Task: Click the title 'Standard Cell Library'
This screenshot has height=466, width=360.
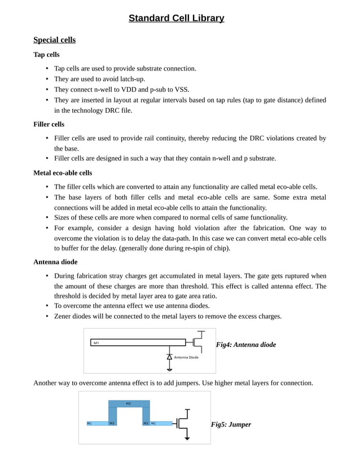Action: pyautogui.click(x=176, y=19)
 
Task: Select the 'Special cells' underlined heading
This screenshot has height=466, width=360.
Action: pyautogui.click(x=54, y=40)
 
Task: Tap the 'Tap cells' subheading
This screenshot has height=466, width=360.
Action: pyautogui.click(x=46, y=55)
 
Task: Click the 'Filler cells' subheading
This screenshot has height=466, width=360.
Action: pyautogui.click(x=49, y=124)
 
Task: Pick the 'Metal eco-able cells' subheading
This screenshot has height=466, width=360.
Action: pyautogui.click(x=63, y=173)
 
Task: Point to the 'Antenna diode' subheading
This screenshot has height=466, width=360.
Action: pyautogui.click(x=55, y=262)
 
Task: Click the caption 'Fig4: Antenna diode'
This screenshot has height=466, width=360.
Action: pyautogui.click(x=246, y=345)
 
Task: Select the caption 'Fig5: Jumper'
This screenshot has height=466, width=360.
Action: pyautogui.click(x=231, y=424)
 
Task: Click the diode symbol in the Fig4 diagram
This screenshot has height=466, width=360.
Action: pyautogui.click(x=169, y=357)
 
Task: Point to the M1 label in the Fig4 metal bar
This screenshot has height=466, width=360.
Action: pyautogui.click(x=96, y=342)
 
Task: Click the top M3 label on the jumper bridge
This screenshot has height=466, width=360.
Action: pyautogui.click(x=129, y=404)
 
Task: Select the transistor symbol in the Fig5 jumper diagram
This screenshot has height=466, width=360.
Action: pyautogui.click(x=184, y=423)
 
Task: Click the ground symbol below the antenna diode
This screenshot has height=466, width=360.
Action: pyautogui.click(x=169, y=369)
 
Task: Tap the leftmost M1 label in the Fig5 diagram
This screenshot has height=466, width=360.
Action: pyautogui.click(x=90, y=423)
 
